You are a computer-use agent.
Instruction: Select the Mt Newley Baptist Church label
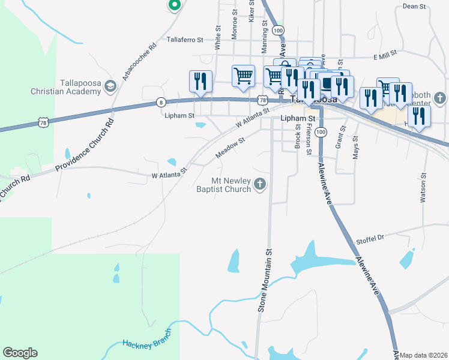[223, 185]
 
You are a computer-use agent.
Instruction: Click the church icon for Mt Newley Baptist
[260, 185]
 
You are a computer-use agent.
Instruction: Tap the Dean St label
[414, 6]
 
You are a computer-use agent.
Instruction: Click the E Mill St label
[385, 55]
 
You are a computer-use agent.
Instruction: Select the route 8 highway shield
[161, 102]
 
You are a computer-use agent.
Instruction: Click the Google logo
[20, 352]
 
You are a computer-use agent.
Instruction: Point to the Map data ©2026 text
[423, 355]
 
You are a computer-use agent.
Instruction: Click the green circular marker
[174, 5]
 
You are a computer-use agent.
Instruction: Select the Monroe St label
[235, 20]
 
